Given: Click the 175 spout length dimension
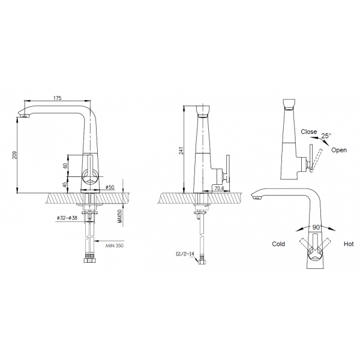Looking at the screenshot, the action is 58,98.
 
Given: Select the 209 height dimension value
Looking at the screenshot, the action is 14,155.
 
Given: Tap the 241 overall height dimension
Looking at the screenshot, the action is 181,151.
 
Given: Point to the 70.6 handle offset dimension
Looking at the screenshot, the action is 219,188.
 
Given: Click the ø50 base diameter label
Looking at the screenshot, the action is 110,187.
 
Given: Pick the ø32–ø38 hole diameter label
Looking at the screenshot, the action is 67,218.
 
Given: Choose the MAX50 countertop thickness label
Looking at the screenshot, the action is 119,216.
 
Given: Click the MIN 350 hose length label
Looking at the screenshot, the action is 115,245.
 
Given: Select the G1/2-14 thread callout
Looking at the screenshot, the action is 185,254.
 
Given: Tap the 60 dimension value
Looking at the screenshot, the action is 65,166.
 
